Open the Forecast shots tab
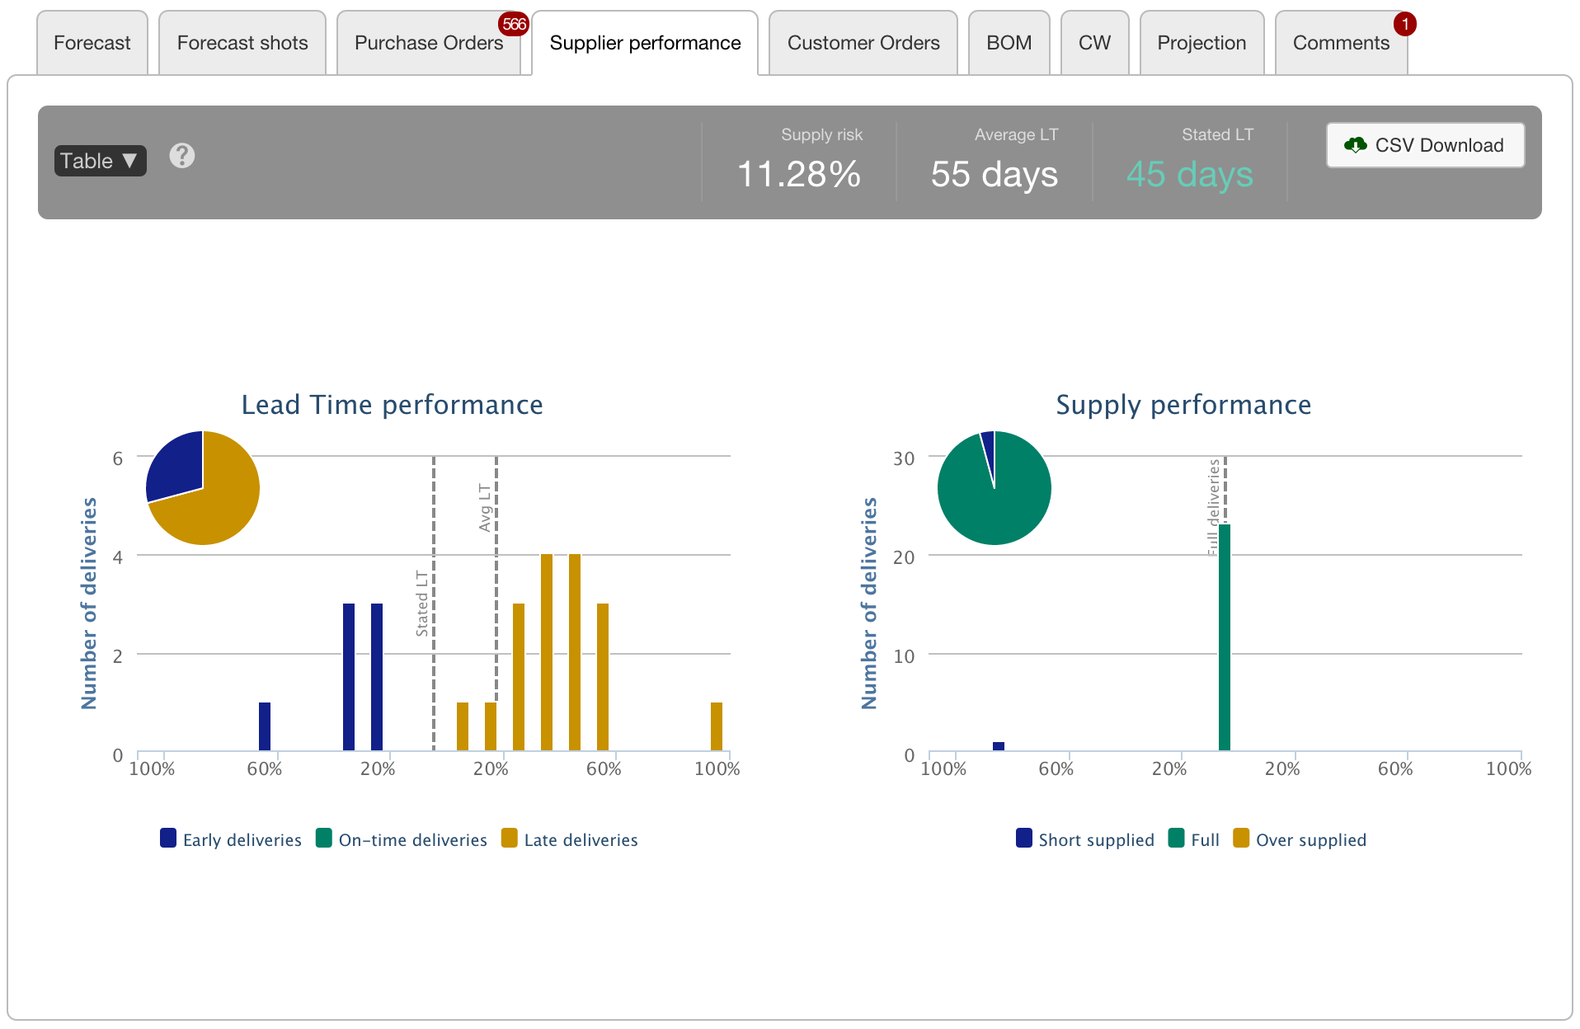pos(242,43)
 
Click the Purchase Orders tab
pos(428,43)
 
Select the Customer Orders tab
pos(863,43)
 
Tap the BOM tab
pos(1009,43)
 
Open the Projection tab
pos(1201,43)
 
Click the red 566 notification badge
pos(514,24)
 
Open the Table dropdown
pos(100,161)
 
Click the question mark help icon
pos(182,156)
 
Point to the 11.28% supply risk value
pos(798,174)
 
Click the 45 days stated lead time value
pos(1189,174)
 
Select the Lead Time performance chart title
pos(392,405)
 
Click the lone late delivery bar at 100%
pos(716,726)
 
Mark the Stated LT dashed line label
pos(422,603)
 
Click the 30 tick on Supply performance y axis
pos(904,458)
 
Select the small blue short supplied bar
pos(998,746)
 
